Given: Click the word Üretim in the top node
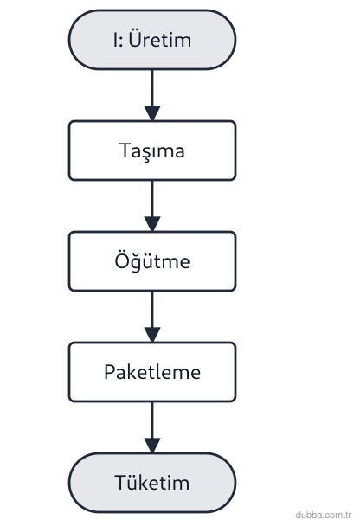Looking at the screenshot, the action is click(160, 40).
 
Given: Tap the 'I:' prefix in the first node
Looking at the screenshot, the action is click(118, 40).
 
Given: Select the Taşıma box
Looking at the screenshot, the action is click(152, 151).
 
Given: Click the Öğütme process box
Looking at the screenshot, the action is click(152, 261).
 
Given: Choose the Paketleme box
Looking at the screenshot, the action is click(152, 372).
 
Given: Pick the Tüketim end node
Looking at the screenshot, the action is click(152, 483).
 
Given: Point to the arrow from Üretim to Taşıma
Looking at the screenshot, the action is click(152, 95).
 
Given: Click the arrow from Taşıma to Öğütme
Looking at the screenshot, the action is click(152, 206).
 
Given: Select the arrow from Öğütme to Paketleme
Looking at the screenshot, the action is click(152, 317).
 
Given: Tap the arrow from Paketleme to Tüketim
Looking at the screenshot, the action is click(152, 427).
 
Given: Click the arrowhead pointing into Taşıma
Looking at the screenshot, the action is click(152, 113).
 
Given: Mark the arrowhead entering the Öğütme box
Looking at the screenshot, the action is click(152, 224).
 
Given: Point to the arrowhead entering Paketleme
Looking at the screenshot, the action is click(152, 335).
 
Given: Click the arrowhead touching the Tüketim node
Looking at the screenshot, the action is click(152, 446).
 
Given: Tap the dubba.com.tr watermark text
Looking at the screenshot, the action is click(324, 515).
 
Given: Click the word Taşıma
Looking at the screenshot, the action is click(152, 151).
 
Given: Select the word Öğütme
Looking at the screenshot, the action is click(152, 261).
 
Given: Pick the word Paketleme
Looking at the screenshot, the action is click(152, 372).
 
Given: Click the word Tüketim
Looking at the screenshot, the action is click(152, 482).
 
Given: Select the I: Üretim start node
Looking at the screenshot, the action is click(152, 40).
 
